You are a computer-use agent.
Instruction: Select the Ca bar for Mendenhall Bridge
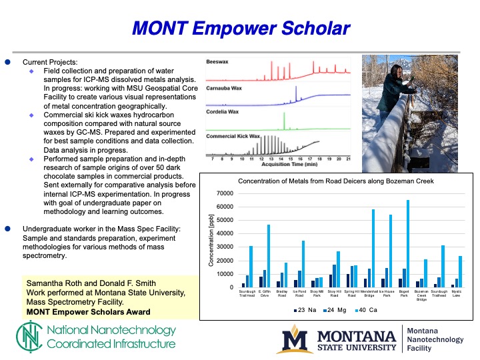[x=373, y=248]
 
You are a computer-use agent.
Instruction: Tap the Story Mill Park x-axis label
[x=317, y=294]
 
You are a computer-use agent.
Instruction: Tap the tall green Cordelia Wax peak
[x=284, y=119]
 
